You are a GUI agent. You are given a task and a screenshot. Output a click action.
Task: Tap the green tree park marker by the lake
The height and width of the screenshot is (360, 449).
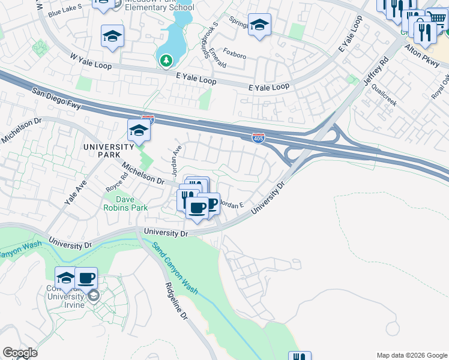tap(166, 60)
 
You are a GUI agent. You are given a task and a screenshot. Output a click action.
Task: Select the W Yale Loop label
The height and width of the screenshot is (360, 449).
tap(91, 61)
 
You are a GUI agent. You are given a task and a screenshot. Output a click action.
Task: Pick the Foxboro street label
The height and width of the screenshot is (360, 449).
tap(234, 55)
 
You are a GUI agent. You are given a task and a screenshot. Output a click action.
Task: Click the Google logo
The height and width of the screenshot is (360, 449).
tap(20, 353)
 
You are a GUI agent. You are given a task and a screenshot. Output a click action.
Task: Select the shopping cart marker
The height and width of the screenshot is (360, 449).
tap(436, 20)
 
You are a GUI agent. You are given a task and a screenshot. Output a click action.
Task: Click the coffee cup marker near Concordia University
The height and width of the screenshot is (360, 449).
tap(86, 278)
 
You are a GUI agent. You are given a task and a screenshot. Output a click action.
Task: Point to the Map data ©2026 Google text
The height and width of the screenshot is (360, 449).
tap(411, 355)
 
